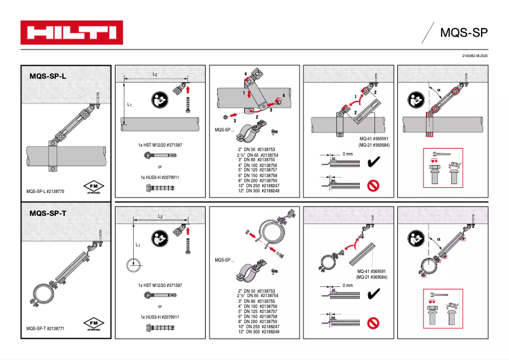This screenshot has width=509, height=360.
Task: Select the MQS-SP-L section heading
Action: click(48, 76)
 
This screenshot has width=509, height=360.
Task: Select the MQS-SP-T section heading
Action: click(48, 213)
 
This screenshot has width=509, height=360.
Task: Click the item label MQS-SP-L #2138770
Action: click(46, 190)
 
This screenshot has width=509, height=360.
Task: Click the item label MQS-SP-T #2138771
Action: click(46, 328)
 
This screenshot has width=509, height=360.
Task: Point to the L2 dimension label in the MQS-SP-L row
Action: click(155, 74)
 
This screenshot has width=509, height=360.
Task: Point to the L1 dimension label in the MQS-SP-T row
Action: click(137, 244)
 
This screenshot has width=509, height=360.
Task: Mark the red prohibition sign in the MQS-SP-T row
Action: click(374, 323)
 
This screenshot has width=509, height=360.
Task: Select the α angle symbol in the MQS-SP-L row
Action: click(439, 90)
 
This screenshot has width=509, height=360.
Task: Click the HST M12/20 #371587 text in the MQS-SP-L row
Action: click(161, 145)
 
